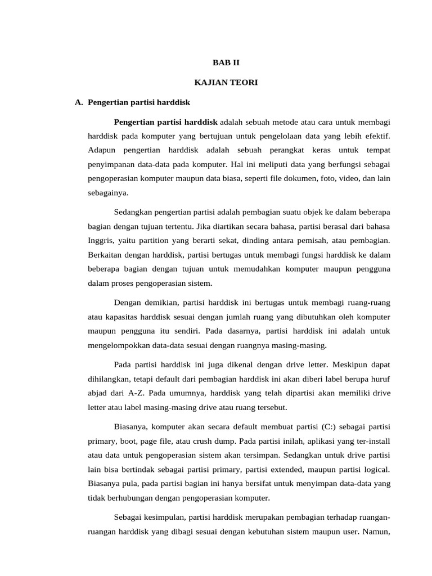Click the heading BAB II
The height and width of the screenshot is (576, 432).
[x=226, y=63]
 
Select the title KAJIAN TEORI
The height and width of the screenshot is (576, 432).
[x=226, y=83]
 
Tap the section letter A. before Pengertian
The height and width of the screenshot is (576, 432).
[x=79, y=102]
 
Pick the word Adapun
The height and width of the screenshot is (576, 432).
[x=102, y=150]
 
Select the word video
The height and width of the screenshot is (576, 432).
[x=348, y=178]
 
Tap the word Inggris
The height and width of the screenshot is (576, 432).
[x=100, y=240]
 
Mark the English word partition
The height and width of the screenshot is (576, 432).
[x=152, y=240]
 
